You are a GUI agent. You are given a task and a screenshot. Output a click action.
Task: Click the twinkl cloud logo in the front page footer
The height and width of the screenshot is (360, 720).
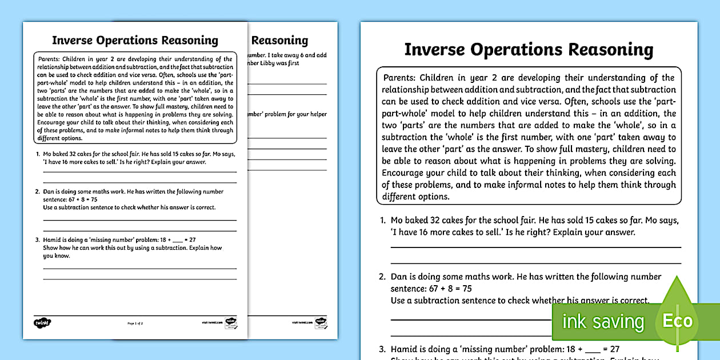tap(42, 323)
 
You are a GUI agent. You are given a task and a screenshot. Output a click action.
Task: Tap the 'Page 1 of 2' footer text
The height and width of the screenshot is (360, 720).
tap(135, 323)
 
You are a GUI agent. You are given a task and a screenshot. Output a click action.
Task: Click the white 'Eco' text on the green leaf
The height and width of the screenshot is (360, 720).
tap(678, 321)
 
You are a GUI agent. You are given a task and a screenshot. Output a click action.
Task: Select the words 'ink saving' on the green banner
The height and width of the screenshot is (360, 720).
tap(603, 322)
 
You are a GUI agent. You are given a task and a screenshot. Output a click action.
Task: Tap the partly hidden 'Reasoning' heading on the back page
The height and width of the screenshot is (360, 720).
tap(279, 41)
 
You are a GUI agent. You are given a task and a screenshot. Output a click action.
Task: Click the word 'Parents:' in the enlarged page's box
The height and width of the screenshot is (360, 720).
tap(399, 78)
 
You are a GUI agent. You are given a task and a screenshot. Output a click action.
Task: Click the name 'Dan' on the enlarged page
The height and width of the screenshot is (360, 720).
tap(399, 277)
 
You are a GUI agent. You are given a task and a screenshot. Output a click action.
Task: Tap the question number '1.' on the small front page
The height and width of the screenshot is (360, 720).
tap(38, 154)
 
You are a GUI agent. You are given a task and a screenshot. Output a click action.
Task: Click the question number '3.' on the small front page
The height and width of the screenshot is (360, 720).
tap(38, 240)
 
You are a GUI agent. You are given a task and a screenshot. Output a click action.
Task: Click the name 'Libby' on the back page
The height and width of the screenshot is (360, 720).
tap(273, 63)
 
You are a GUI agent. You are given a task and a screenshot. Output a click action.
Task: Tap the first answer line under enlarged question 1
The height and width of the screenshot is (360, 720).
tap(535, 247)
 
